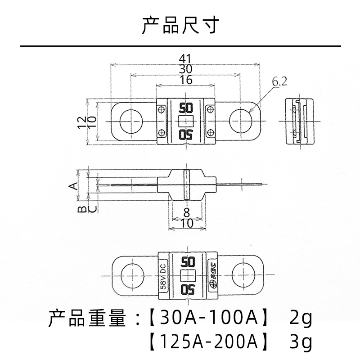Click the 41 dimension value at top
click(x=185, y=58)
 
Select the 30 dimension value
click(x=185, y=69)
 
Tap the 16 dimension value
click(x=185, y=80)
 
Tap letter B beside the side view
click(x=82, y=210)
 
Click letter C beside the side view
click(x=91, y=210)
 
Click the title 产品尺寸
click(x=180, y=26)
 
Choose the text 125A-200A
click(x=207, y=343)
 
